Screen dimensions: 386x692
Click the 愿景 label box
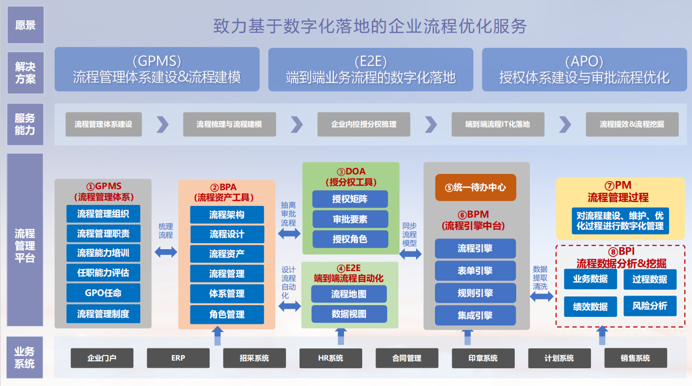[25, 25]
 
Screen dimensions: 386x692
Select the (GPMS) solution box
[157, 69]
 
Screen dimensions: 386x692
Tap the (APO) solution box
[584, 69]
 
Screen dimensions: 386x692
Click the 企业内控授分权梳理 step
[363, 124]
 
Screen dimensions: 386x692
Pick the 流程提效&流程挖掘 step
[632, 124]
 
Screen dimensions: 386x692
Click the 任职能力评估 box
[103, 273]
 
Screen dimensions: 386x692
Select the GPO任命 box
[103, 293]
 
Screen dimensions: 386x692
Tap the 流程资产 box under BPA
[227, 254]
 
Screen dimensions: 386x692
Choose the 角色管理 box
[227, 314]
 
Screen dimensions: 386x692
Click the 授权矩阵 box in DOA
[350, 199]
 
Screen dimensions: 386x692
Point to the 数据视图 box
[349, 314]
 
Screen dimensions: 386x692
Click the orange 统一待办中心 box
[476, 187]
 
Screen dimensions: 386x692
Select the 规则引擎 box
[475, 293]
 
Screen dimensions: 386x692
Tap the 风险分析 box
[650, 306]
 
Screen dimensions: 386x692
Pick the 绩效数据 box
[590, 307]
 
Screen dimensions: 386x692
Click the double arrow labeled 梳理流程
[166, 251]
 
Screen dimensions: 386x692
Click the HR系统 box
[331, 358]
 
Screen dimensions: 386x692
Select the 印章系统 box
[483, 358]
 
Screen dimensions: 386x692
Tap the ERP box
[178, 358]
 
